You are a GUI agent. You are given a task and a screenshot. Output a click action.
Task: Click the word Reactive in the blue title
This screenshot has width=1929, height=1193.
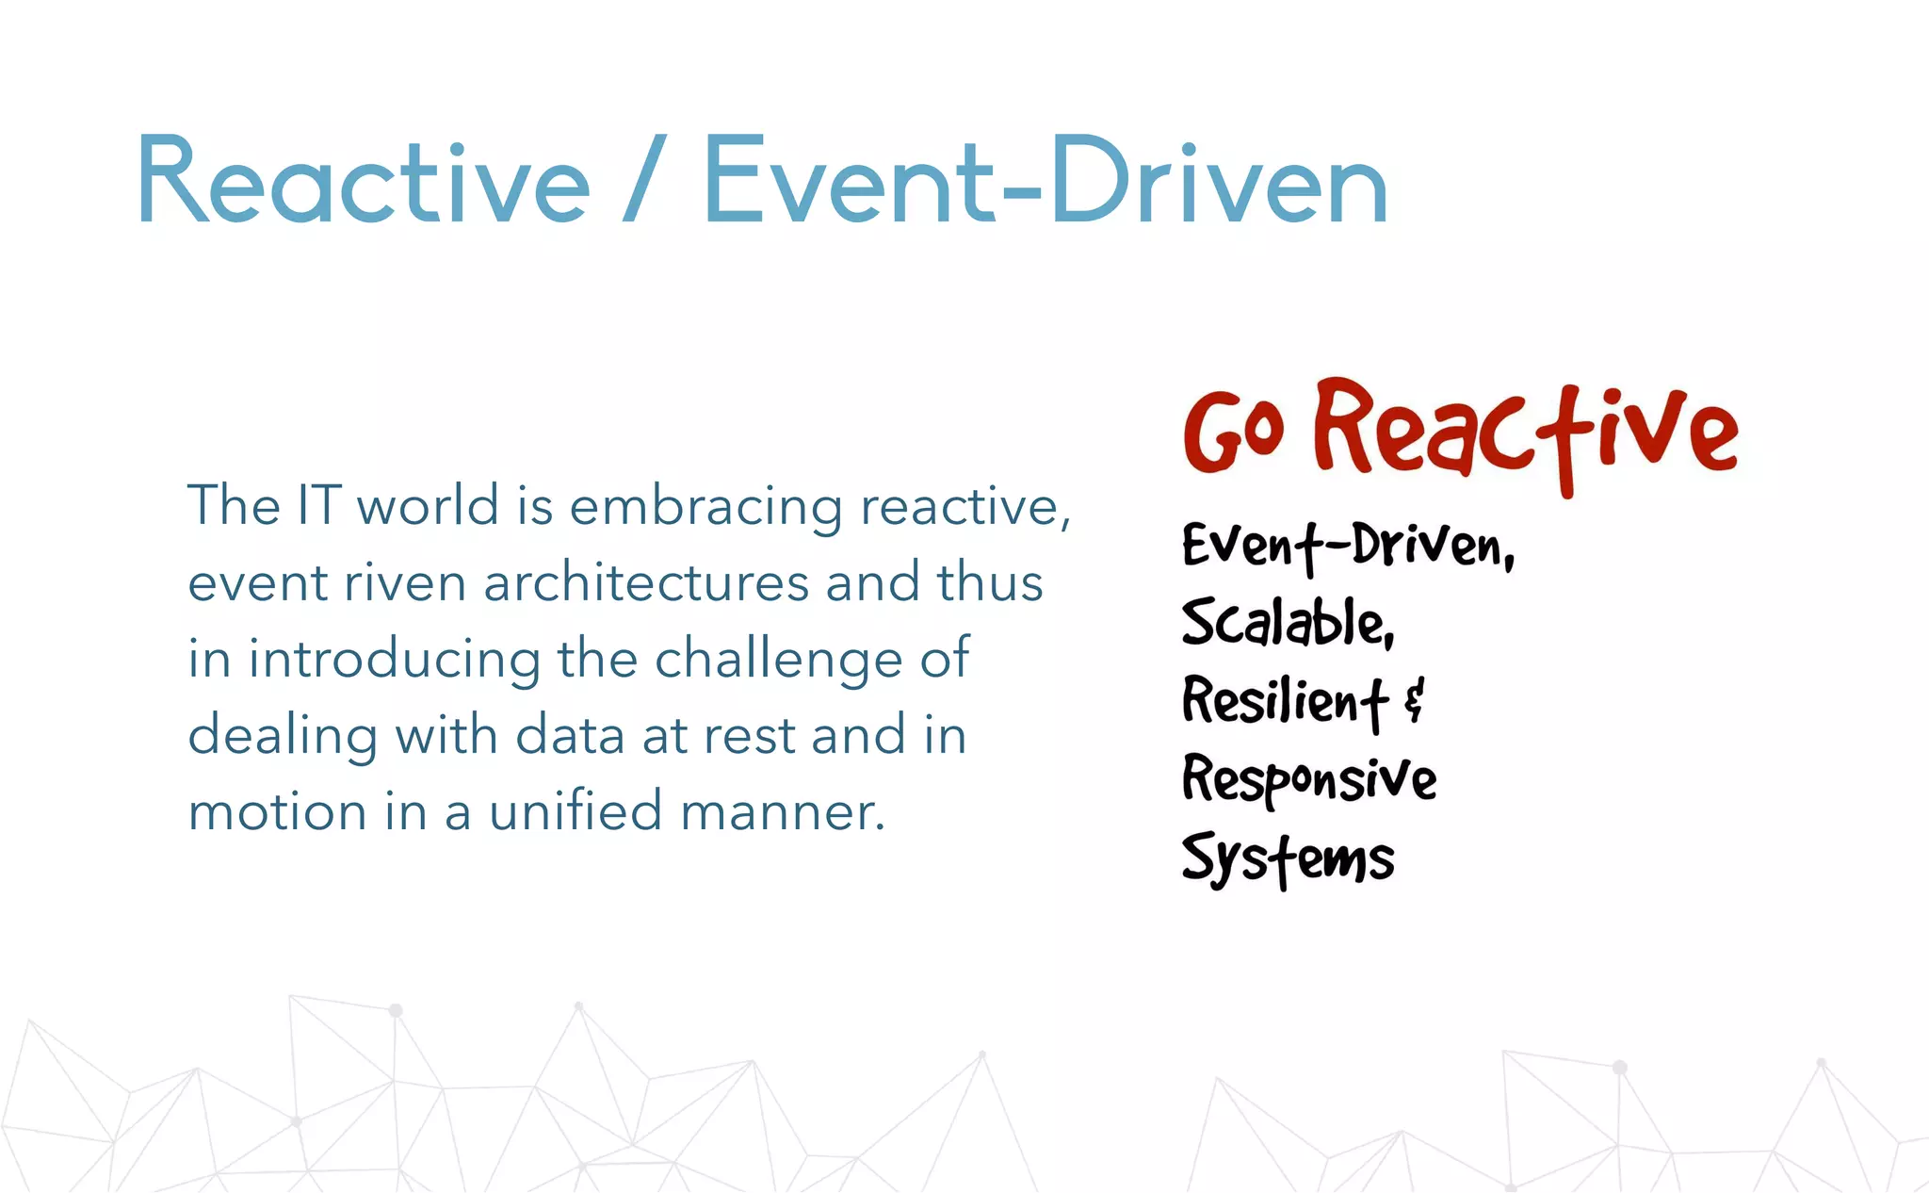(x=364, y=181)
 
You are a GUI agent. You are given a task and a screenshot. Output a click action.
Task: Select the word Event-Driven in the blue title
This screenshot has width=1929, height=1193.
(x=1046, y=181)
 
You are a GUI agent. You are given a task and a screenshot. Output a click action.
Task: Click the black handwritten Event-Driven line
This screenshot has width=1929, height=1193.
(x=1347, y=546)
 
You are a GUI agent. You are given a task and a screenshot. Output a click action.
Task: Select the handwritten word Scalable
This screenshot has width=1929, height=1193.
(x=1286, y=623)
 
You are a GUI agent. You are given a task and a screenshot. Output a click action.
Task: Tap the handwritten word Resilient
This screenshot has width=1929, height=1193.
(x=1284, y=701)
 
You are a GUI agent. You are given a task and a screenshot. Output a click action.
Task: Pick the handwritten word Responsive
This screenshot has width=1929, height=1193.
(x=1309, y=779)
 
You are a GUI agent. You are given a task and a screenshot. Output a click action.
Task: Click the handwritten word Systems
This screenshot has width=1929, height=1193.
(x=1288, y=858)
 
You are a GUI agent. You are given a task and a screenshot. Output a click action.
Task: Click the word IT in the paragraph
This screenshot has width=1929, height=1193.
(x=318, y=505)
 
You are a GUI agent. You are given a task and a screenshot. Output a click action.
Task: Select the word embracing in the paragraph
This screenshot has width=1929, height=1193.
(x=706, y=507)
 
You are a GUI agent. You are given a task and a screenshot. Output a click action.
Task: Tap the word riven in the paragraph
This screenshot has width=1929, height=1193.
(x=405, y=582)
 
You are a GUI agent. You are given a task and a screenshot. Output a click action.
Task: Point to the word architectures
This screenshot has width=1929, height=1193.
(x=646, y=582)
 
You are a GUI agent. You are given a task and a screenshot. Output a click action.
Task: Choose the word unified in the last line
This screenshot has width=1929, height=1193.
(x=575, y=811)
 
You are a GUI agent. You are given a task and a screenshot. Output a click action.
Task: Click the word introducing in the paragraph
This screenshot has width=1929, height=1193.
(x=394, y=659)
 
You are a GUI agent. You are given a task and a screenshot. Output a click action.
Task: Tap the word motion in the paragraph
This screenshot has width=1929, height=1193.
(x=278, y=812)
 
